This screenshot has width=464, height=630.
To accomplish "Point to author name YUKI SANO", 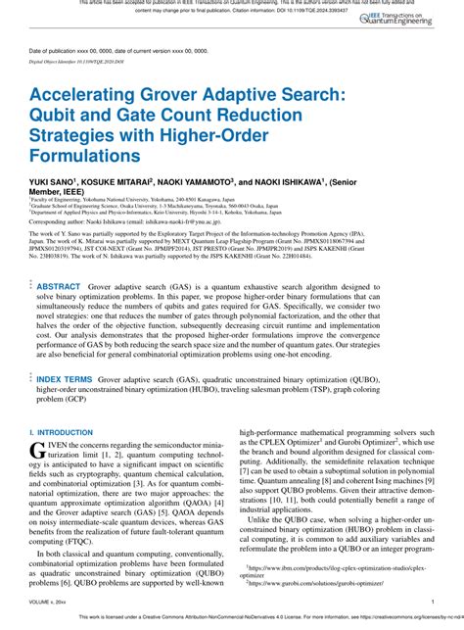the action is click(54, 183).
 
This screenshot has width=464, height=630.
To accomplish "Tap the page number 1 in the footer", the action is click(433, 602).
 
